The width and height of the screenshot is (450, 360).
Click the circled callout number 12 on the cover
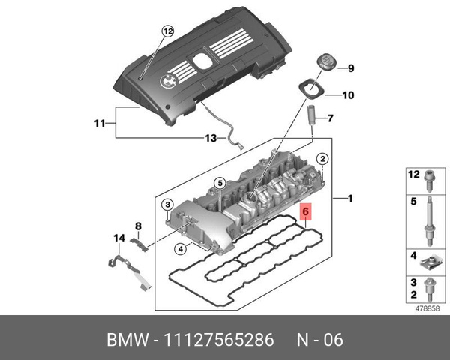click(x=166, y=31)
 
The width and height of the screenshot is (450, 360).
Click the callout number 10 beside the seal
click(x=349, y=95)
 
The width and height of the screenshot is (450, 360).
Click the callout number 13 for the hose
click(x=211, y=138)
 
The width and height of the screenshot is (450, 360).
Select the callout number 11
click(x=99, y=122)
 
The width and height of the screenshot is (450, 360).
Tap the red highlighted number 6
click(x=305, y=213)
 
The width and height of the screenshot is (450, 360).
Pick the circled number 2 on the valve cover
click(x=322, y=159)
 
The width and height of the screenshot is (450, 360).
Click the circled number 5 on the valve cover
click(x=220, y=183)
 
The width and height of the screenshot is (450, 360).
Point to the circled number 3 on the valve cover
click(x=168, y=205)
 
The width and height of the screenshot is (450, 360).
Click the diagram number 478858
click(x=426, y=307)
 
